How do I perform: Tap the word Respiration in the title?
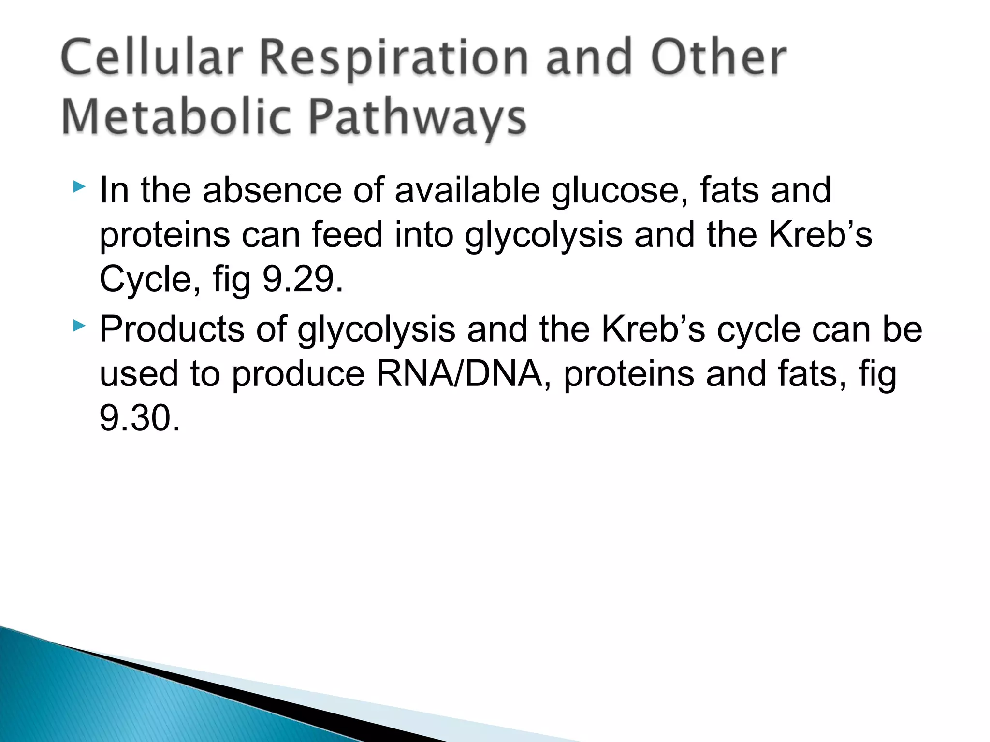coord(394,59)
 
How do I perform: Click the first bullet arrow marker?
coord(79,187)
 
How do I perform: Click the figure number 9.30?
coord(140,418)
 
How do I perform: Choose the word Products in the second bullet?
coord(172,329)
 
